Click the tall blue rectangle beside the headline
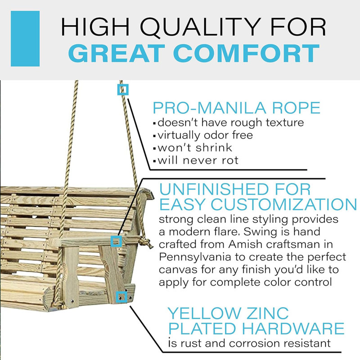(25, 39)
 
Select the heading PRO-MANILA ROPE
(237, 108)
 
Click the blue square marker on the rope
(123, 90)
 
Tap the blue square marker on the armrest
(116, 242)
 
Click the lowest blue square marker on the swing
(120, 296)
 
